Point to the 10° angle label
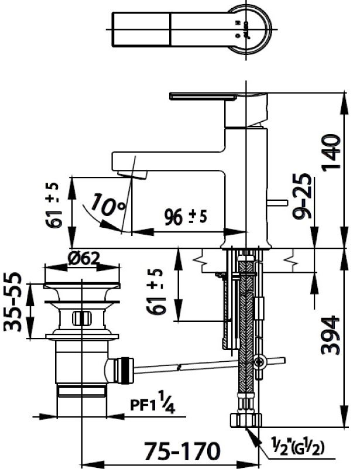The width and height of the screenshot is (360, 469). point(109,206)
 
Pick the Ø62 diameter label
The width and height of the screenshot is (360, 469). point(82,257)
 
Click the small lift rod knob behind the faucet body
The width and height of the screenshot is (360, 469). point(278,204)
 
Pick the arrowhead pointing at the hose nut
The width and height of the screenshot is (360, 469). point(251,434)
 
